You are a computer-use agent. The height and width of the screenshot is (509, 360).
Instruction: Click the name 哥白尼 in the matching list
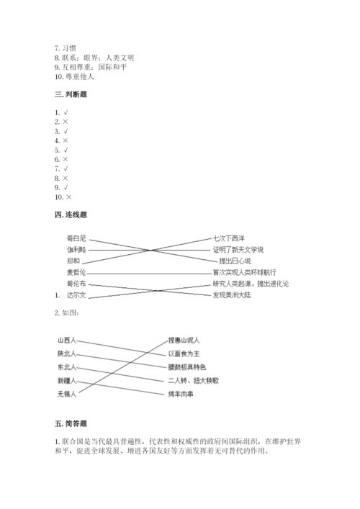coord(76,238)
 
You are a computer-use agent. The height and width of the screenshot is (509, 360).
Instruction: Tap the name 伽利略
coord(76,249)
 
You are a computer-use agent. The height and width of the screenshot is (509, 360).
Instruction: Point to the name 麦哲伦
coord(76,273)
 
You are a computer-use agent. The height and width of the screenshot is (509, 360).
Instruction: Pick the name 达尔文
coord(76,295)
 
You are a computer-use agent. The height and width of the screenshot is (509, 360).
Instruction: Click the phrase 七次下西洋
coord(229,238)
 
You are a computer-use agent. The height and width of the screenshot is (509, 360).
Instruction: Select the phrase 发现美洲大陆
coord(237,295)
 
